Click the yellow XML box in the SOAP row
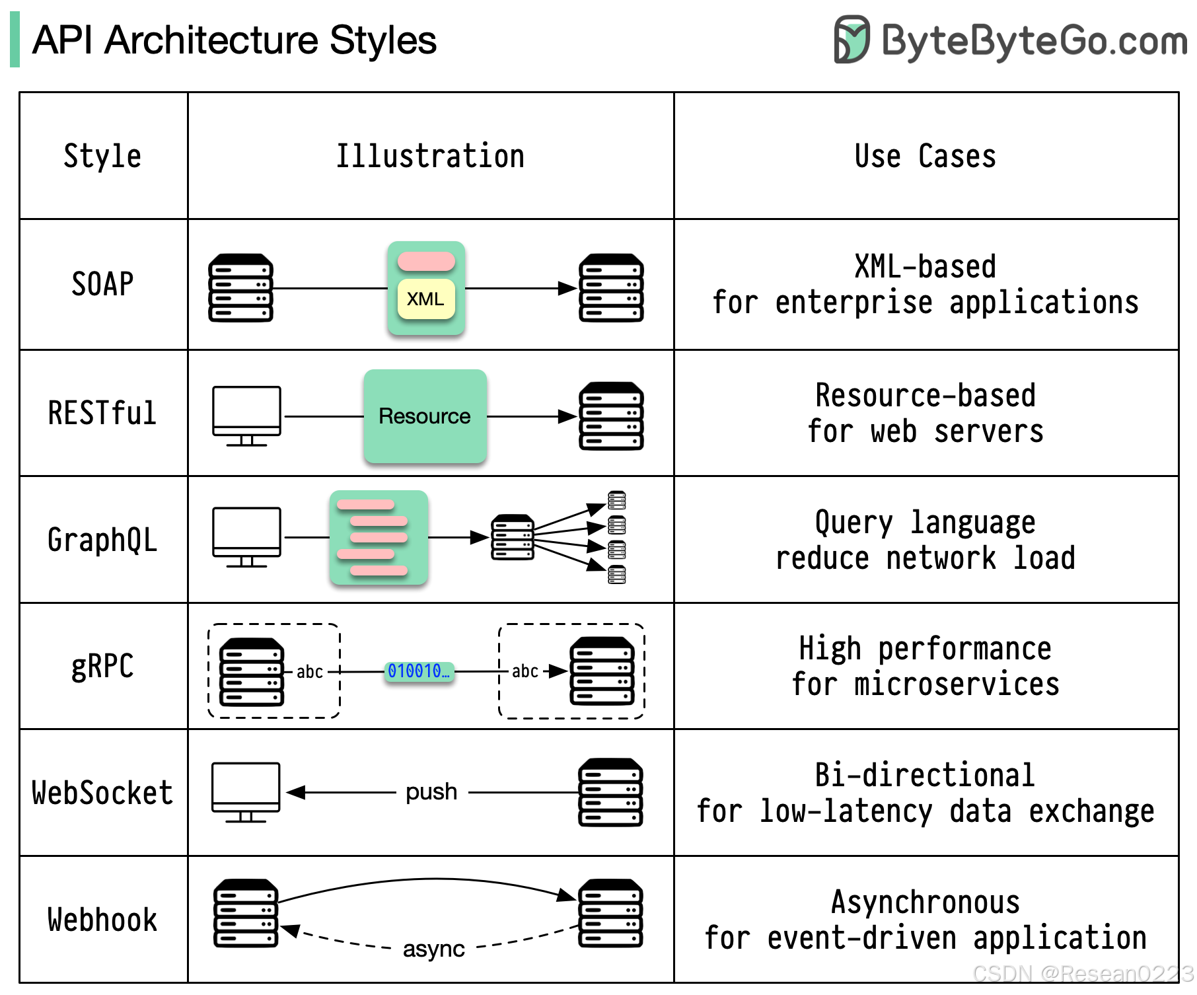pos(426,299)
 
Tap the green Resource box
pos(425,416)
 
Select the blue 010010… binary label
pos(419,672)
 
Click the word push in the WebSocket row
pos(431,792)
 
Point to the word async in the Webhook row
pos(433,949)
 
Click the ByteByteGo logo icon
pos(852,40)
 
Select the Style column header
pos(102,157)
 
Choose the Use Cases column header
pos(925,157)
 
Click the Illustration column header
pos(430,157)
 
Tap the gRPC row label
pos(102,667)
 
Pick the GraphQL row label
pos(102,540)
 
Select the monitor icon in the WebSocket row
pos(246,792)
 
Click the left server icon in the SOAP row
pos(241,288)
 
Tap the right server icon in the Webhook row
pos(611,914)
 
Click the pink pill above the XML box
pos(426,262)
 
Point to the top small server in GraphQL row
pos(617,500)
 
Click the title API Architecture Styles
pos(235,40)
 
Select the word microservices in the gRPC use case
pos(957,684)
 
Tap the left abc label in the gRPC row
pos(310,672)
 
